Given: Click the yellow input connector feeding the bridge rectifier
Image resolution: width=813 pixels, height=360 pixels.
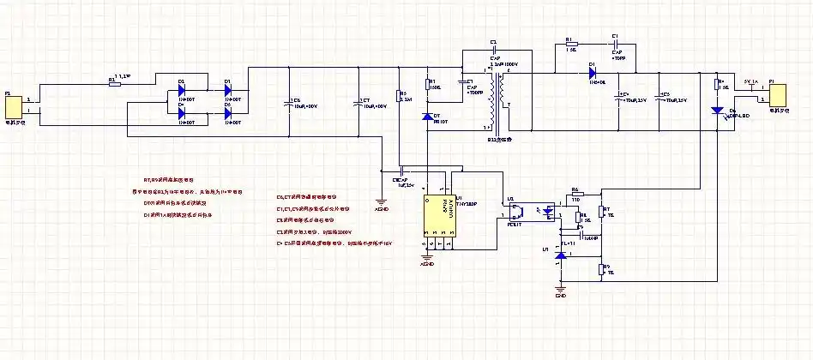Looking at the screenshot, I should coord(13,107).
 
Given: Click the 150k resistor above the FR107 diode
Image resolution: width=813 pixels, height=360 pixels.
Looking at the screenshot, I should coord(426,85).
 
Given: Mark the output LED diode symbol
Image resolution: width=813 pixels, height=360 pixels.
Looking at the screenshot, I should coord(719,111).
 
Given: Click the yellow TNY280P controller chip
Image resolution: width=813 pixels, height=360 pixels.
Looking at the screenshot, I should coord(439,215).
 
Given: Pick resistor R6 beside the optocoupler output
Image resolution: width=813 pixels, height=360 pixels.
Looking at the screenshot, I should coord(575,194).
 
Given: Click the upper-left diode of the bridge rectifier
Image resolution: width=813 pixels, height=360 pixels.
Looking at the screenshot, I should coord(182,88).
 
